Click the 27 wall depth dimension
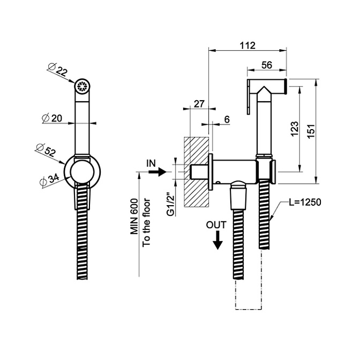[x=199, y=103]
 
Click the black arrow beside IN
[x=155, y=172]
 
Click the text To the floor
[x=147, y=222]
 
